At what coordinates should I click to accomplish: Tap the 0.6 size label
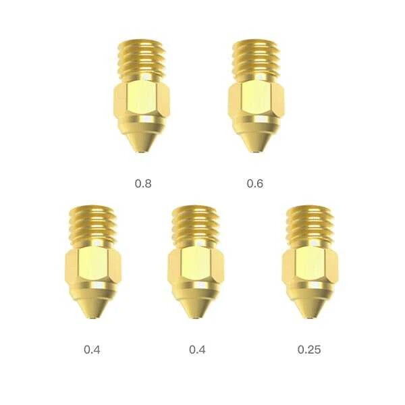254,183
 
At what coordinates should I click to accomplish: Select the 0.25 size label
309,350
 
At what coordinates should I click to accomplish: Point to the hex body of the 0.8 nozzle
142,100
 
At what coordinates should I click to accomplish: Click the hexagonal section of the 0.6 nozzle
256,100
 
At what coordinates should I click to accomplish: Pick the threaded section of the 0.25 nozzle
310,226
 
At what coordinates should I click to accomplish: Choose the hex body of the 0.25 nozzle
310,266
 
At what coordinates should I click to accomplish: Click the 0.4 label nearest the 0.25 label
197,350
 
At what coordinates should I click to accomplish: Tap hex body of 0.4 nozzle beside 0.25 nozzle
196,266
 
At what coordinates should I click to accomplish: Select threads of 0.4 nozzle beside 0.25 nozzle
196,226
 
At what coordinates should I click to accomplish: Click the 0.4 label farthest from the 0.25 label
92,350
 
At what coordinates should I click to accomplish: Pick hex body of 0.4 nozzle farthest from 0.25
93,266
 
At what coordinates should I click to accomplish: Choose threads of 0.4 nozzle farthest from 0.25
93,226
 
